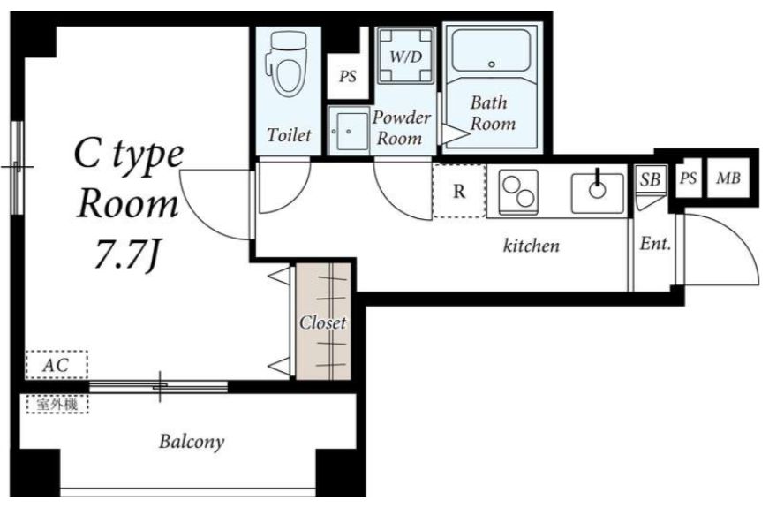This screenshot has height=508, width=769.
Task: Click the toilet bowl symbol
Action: pos(286,64)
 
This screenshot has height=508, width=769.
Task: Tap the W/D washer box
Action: pos(405,56)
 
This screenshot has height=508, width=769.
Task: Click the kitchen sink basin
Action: pos(598,193)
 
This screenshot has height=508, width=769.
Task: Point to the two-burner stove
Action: pos(518,192)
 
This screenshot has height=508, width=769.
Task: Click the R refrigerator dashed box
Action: pos(459,191)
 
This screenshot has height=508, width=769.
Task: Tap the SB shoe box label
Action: pos(651,179)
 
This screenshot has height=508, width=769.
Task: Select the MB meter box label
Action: pos(728,178)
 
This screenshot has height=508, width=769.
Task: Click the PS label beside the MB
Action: pos(688,178)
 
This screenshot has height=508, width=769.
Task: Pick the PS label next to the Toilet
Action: pos(348,77)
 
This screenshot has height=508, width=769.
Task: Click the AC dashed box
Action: pos(57,365)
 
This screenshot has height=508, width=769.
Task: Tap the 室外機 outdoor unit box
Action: pos(57,405)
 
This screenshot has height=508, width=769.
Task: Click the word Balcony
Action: pos(192,442)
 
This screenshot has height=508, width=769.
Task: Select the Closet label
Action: pos(323,322)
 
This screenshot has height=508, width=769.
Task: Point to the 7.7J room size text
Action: pos(127,254)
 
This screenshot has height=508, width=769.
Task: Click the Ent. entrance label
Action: pos(655,244)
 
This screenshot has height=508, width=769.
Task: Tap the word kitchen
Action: pos(532,245)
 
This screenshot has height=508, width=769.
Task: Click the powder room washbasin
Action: pos(349,132)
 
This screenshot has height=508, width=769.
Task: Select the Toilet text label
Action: pos(290,135)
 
